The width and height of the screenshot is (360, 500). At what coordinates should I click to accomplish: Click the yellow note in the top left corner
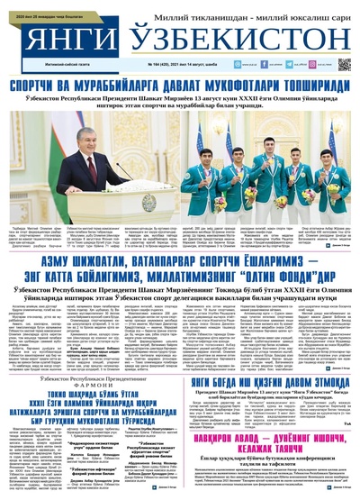[36, 5]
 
